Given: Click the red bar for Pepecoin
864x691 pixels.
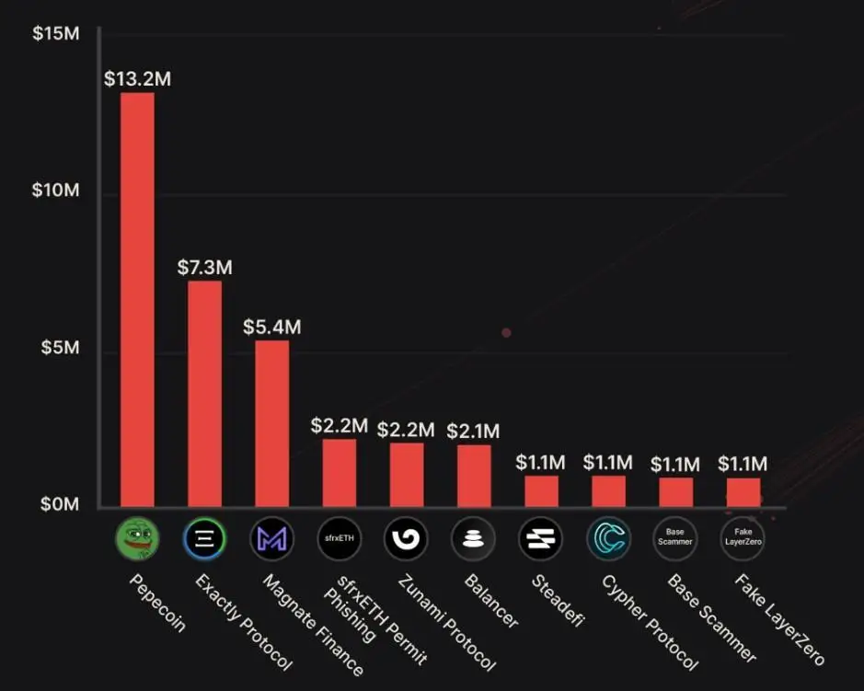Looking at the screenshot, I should pyautogui.click(x=137, y=299).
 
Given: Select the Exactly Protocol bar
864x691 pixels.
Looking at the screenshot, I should pyautogui.click(x=204, y=393).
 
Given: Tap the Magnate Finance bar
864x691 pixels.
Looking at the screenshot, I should pyautogui.click(x=271, y=423).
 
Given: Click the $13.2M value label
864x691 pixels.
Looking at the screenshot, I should pyautogui.click(x=137, y=78).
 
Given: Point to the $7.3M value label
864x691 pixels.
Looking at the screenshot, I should pyautogui.click(x=204, y=267).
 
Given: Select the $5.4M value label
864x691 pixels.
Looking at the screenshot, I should pyautogui.click(x=271, y=327).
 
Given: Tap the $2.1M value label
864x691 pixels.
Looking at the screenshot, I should pyautogui.click(x=473, y=431).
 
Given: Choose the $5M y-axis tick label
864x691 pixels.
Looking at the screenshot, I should pyautogui.click(x=59, y=349).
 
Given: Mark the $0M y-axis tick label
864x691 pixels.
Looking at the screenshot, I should pyautogui.click(x=59, y=504).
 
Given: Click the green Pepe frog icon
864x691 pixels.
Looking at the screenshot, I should pyautogui.click(x=137, y=539).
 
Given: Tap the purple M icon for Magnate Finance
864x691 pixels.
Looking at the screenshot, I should pyautogui.click(x=271, y=539).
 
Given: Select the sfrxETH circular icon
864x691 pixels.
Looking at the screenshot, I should pyautogui.click(x=340, y=539).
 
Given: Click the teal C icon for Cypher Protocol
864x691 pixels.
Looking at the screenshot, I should pyautogui.click(x=608, y=539).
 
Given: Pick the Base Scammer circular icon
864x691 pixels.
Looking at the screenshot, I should pyautogui.click(x=674, y=539).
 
